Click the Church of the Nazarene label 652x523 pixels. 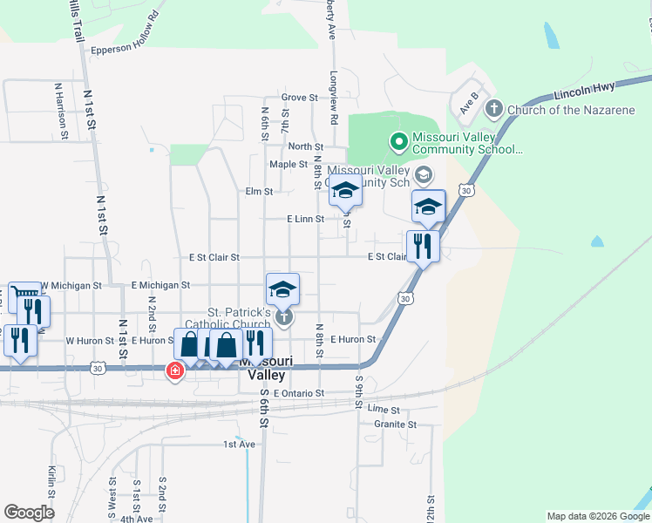(x=572, y=109)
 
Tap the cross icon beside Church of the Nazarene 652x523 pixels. (x=493, y=109)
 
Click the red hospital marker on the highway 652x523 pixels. (x=175, y=371)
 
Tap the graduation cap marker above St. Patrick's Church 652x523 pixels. (x=282, y=289)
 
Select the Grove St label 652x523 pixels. (x=299, y=98)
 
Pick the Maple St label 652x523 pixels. (x=289, y=164)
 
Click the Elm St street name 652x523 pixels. (x=260, y=191)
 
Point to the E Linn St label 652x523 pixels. (x=305, y=220)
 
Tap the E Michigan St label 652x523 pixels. (x=160, y=285)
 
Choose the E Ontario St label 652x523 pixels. (x=298, y=394)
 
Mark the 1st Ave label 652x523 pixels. (x=239, y=444)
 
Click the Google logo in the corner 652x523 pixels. (x=29, y=513)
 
